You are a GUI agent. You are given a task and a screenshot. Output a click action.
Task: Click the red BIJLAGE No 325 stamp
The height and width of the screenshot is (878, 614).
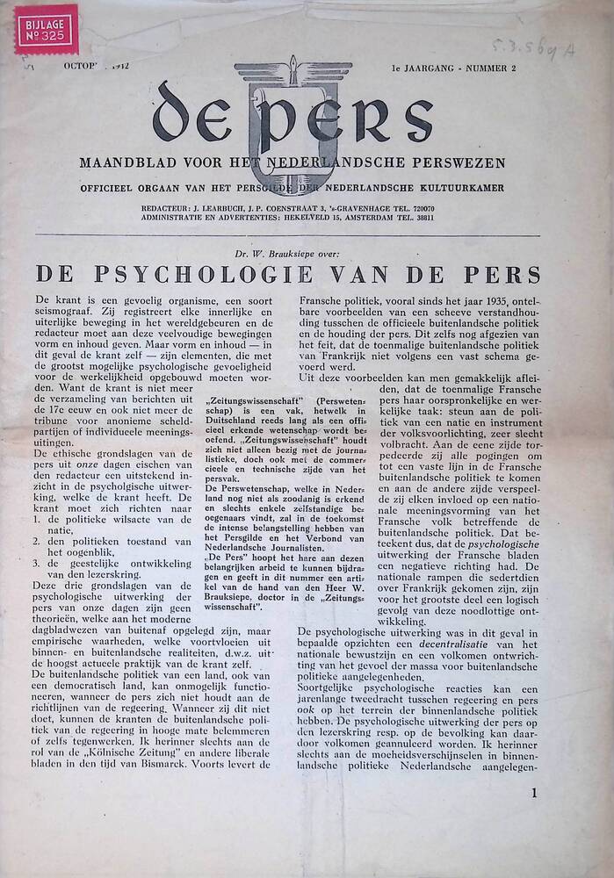click(x=46, y=29)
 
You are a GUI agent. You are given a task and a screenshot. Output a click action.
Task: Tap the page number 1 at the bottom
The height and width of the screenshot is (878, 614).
click(x=534, y=794)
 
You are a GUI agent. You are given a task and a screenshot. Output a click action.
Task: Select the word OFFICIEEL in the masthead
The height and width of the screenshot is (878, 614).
click(x=112, y=188)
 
